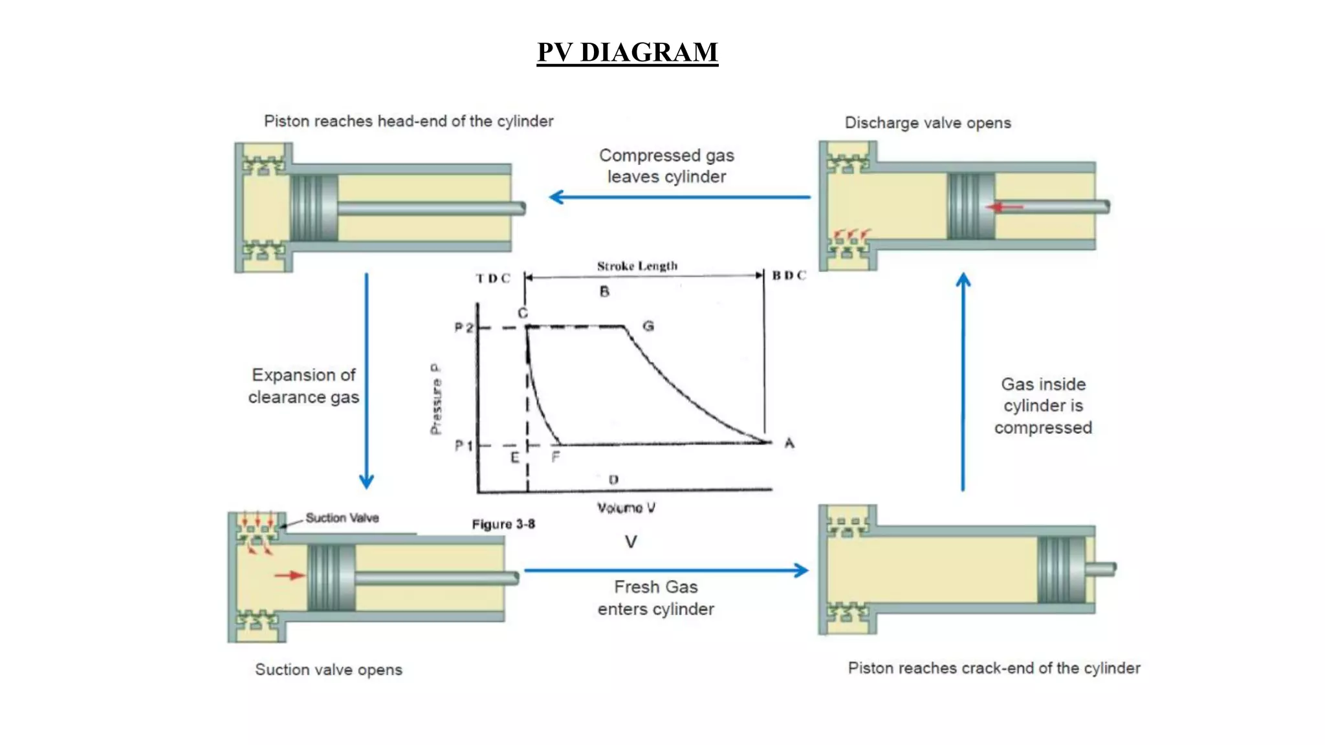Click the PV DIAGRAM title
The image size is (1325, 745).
click(627, 52)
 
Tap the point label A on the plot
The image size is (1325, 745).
click(789, 443)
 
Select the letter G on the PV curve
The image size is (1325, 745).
click(648, 326)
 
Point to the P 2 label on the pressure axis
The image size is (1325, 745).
click(463, 328)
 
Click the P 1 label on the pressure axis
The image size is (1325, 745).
click(463, 446)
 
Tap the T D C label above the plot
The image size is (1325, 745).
click(493, 278)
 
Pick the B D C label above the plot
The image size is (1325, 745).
click(789, 275)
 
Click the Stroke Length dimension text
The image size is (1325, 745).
click(637, 266)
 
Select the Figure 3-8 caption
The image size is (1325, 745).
click(503, 524)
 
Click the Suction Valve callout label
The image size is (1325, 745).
click(342, 518)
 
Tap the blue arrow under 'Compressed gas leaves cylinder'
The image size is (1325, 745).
click(679, 197)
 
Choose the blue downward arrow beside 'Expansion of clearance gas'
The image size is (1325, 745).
click(366, 382)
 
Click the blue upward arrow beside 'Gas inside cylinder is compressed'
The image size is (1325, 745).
click(963, 382)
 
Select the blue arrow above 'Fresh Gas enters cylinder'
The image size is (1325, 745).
click(666, 570)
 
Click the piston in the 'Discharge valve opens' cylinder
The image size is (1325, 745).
click(970, 206)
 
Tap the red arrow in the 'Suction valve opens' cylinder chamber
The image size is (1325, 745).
click(289, 575)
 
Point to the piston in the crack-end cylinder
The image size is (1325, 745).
click(1061, 570)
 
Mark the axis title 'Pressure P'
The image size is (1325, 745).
click(436, 399)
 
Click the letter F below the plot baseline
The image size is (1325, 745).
click(555, 457)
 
